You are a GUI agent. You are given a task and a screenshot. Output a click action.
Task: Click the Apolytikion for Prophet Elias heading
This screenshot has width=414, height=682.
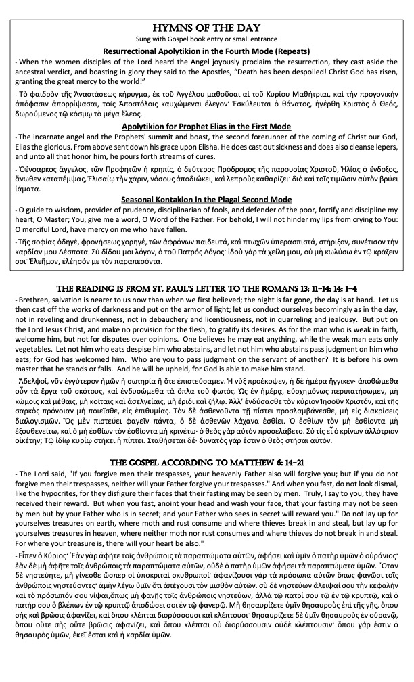click(x=207, y=126)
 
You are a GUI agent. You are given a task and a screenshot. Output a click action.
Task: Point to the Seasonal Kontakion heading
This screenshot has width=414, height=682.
click(x=207, y=200)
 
